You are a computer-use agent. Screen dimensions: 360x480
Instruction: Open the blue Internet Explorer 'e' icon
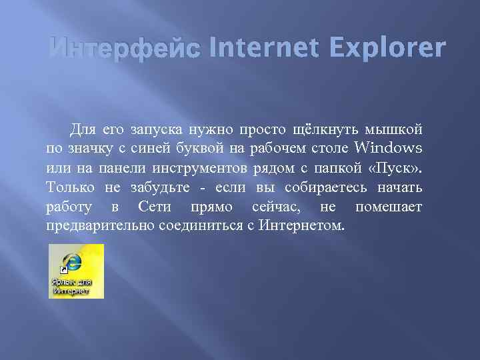click(x=70, y=261)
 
